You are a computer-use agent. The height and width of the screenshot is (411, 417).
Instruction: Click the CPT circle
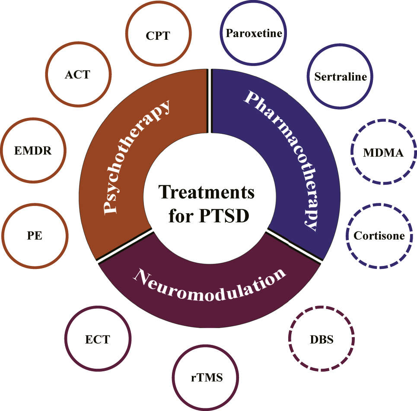tap(158, 35)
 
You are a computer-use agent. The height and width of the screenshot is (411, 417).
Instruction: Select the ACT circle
tap(78, 75)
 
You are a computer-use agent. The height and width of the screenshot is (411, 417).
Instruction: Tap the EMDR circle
tap(33, 151)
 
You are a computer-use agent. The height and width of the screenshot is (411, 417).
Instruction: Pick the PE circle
tap(34, 236)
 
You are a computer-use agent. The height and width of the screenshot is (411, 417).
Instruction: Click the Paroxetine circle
tap(254, 33)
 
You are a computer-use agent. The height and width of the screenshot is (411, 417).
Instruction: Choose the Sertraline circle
tap(340, 77)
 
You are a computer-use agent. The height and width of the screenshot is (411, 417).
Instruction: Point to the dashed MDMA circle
tap(383, 153)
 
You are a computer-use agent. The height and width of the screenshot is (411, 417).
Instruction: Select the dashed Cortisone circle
tap(379, 236)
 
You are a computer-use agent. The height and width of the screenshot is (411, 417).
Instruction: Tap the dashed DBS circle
tap(322, 338)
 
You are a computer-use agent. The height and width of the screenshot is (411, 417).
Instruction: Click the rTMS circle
tap(206, 378)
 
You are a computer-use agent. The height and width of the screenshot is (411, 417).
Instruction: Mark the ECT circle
tap(97, 339)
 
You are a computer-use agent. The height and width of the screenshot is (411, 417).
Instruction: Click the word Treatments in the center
tap(206, 192)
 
